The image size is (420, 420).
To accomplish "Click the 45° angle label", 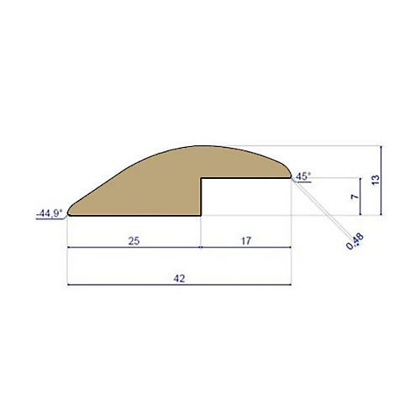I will (x=303, y=176).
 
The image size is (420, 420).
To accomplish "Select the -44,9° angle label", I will (x=49, y=213).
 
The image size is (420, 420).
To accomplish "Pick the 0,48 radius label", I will (x=355, y=242).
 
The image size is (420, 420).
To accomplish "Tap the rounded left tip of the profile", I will (x=70, y=209).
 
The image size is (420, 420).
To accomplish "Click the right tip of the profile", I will (x=291, y=176).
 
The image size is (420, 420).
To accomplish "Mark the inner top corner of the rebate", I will (x=202, y=179).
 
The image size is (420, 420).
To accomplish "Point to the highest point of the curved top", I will (x=210, y=145).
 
